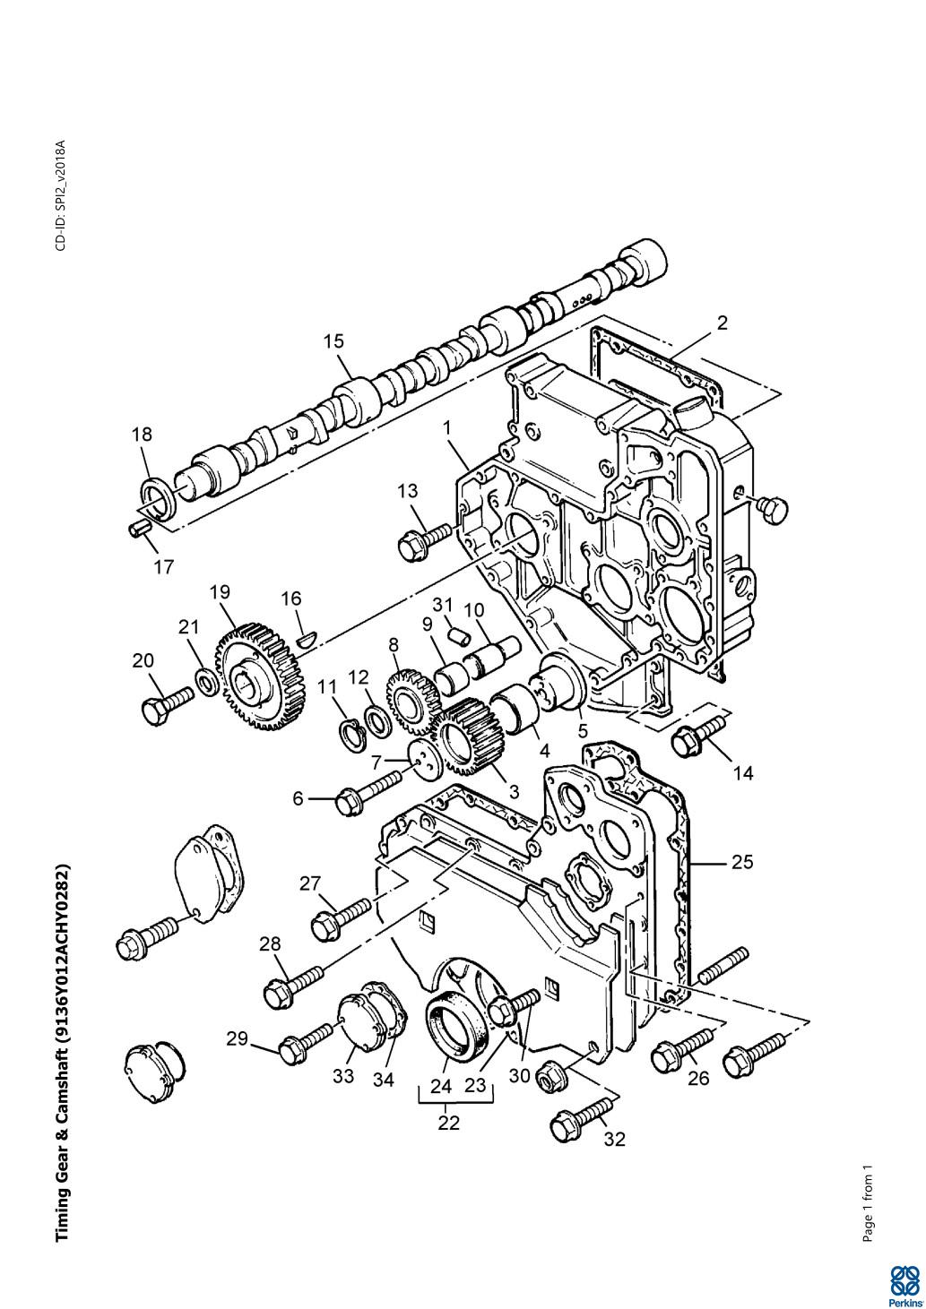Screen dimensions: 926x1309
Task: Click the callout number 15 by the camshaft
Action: [x=334, y=341]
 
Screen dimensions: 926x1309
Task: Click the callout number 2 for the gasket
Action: [x=723, y=323]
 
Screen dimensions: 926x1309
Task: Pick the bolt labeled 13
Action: [x=424, y=540]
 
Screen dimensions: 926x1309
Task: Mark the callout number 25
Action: [x=742, y=862]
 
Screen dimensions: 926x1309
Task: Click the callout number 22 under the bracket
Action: [x=448, y=1124]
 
